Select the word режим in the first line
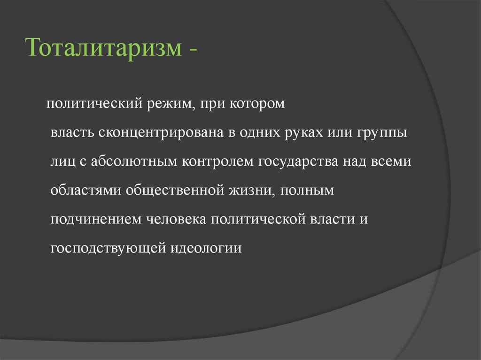click(x=162, y=104)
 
